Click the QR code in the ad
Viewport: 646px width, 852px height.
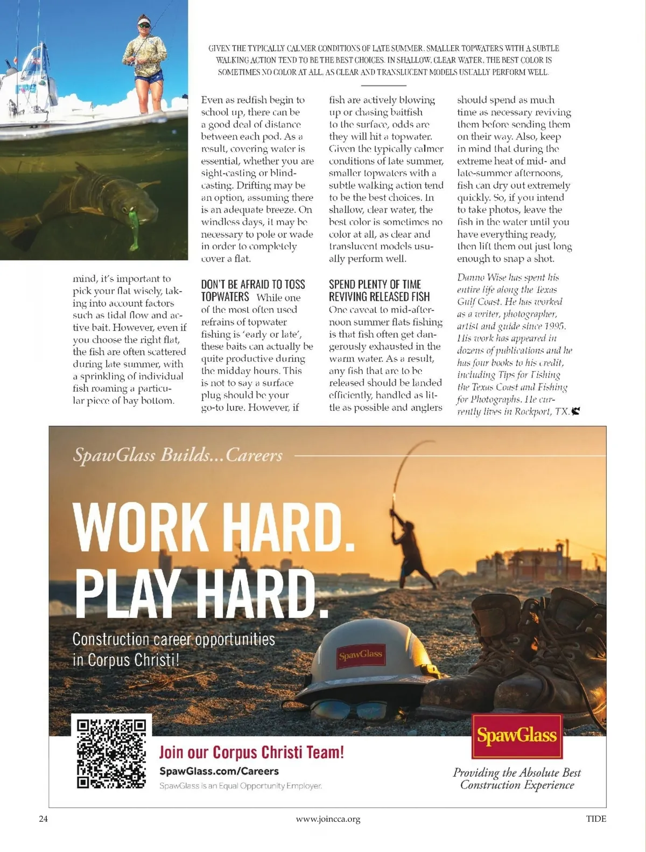[x=111, y=753]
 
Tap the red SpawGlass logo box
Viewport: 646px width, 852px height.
[x=516, y=736]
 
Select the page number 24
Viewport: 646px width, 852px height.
[x=44, y=819]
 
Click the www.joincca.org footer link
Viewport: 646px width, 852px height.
[x=328, y=819]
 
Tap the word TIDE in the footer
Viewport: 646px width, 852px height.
[x=596, y=819]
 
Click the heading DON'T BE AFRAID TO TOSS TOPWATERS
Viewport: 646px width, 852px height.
[x=252, y=290]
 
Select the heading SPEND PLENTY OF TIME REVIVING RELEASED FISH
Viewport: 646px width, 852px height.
[x=379, y=290]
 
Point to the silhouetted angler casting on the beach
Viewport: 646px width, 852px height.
[x=411, y=555]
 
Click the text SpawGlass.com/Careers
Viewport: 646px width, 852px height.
[x=219, y=771]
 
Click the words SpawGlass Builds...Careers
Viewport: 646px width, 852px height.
[x=178, y=455]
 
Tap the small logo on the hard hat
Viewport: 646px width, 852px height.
[x=361, y=655]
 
